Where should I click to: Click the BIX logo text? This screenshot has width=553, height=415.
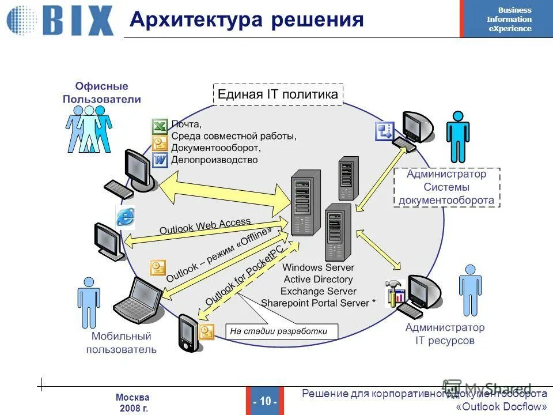click(x=78, y=21)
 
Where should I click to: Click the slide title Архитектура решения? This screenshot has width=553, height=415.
click(x=247, y=20)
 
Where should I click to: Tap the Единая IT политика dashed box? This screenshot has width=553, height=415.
click(x=278, y=95)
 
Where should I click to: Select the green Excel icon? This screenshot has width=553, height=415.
click(x=160, y=126)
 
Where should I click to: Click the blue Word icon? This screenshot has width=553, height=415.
click(x=160, y=160)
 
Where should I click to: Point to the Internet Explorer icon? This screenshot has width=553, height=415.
click(x=126, y=217)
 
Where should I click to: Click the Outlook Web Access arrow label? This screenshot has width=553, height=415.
click(x=205, y=225)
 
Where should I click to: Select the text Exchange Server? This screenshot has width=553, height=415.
click(x=319, y=291)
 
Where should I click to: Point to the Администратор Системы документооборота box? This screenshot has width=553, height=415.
click(x=446, y=187)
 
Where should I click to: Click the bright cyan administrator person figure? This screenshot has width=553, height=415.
click(x=458, y=137)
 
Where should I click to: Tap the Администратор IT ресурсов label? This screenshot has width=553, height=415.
click(x=445, y=334)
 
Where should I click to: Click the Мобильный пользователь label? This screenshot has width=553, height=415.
click(x=122, y=342)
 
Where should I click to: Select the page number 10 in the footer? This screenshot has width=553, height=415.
click(x=265, y=401)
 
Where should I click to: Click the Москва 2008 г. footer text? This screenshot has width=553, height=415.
click(x=132, y=402)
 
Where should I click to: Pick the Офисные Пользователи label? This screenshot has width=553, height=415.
click(x=101, y=93)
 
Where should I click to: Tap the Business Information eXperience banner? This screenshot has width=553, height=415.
click(x=506, y=19)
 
